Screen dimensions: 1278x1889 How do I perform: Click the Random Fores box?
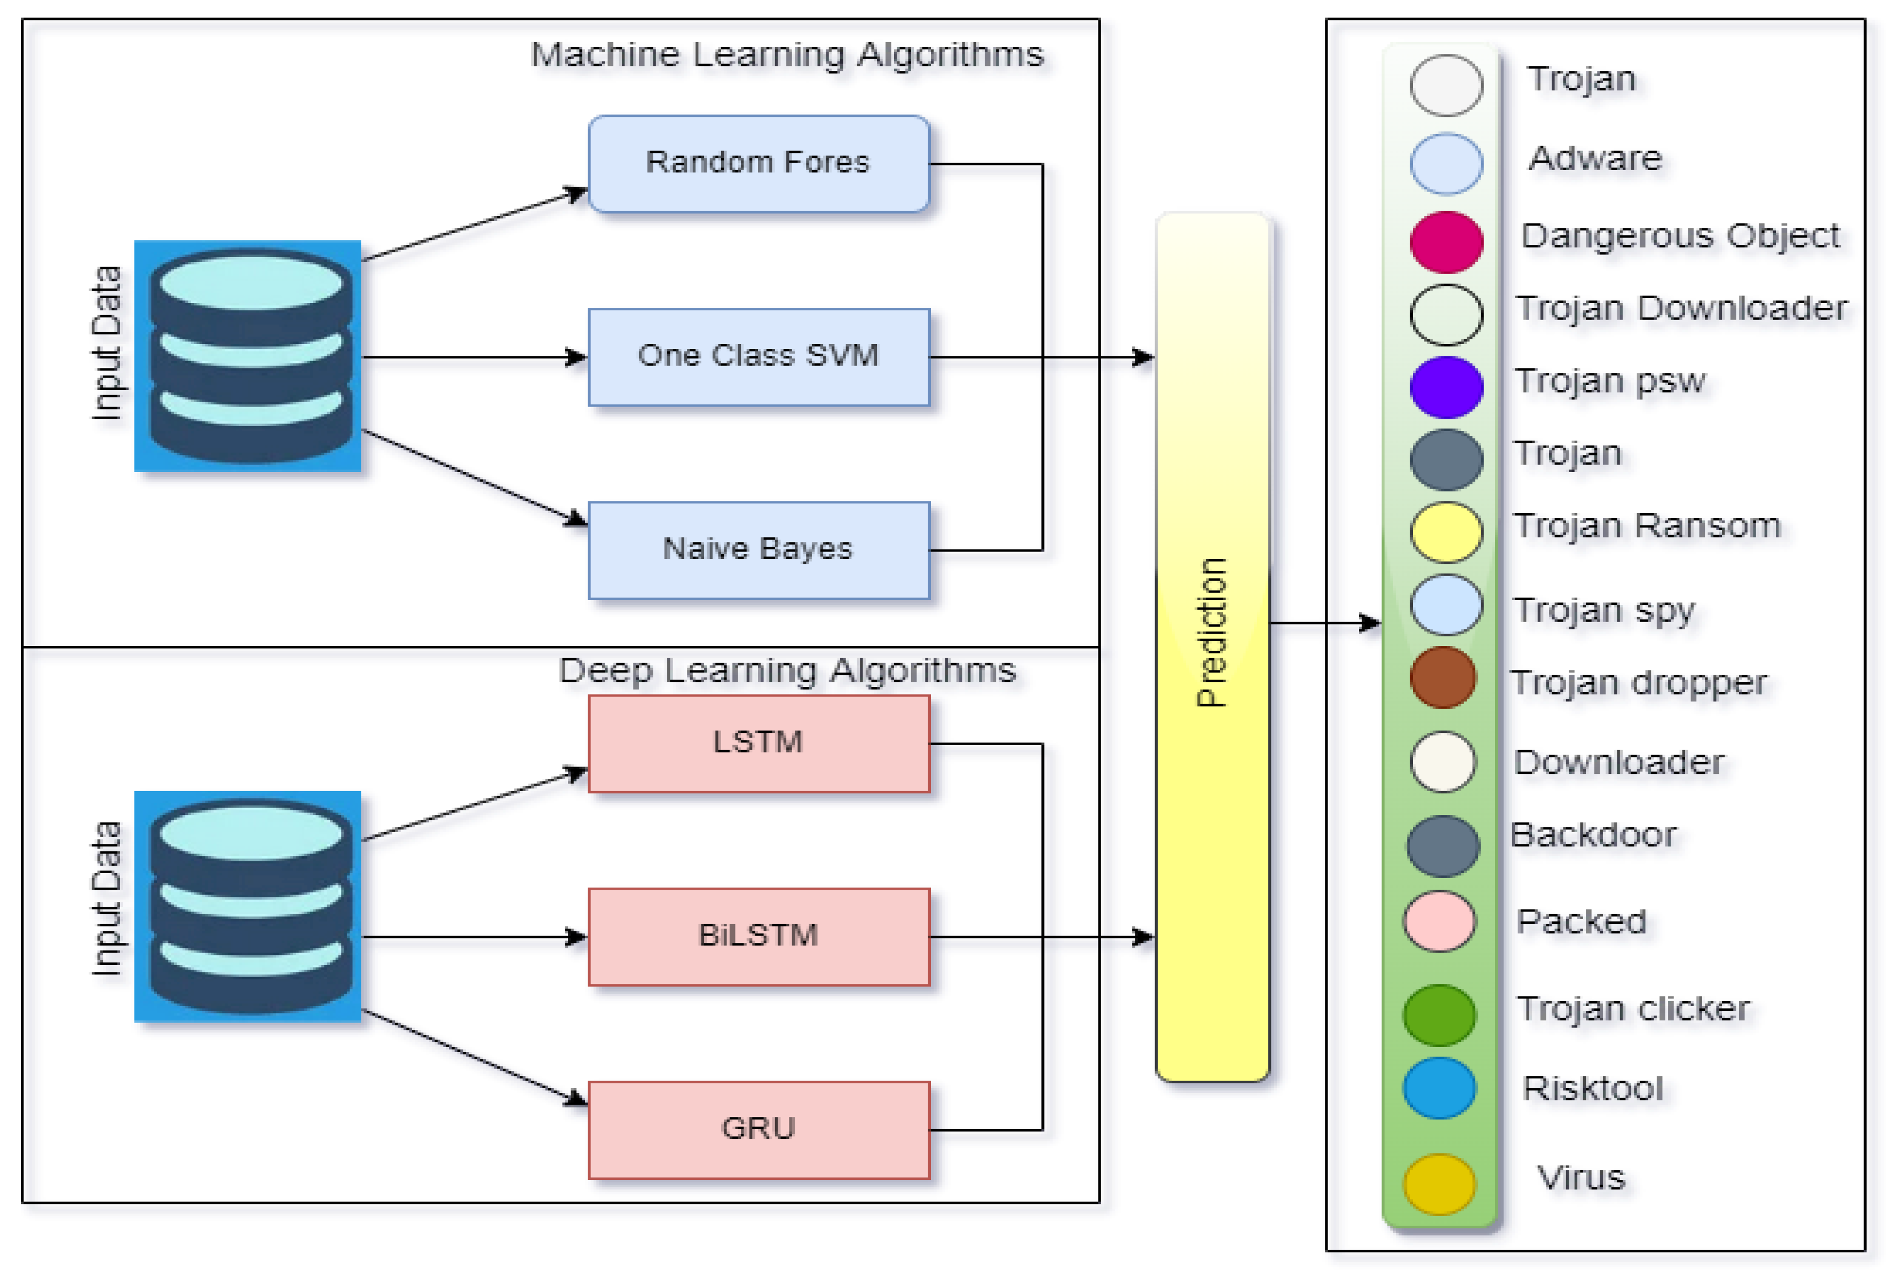[758, 163]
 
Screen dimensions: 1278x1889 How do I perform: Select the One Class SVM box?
[758, 357]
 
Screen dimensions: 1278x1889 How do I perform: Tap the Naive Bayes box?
[758, 550]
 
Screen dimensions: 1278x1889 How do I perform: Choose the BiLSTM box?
[758, 936]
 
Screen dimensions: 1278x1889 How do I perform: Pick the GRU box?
[758, 1129]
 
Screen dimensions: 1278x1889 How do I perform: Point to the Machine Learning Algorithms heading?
[787, 55]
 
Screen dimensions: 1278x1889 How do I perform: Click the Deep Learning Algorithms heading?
[787, 671]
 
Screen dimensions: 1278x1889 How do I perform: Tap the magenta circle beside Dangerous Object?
[1446, 241]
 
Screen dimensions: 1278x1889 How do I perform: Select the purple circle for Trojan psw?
[1446, 387]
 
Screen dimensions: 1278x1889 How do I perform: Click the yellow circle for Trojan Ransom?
[1446, 532]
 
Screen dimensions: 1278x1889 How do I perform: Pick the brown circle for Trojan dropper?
[1444, 677]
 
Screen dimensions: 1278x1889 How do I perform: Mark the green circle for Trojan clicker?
[1440, 1015]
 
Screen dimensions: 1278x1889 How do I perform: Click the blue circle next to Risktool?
[1440, 1088]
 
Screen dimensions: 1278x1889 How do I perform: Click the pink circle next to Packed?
[1440, 921]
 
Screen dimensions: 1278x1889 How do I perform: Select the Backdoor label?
[1593, 835]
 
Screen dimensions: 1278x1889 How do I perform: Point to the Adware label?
[1595, 158]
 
